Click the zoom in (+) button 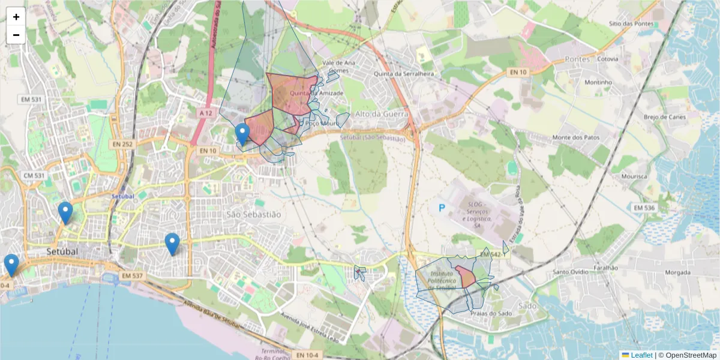pos(16,17)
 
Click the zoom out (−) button pos(16,35)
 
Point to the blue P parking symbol pos(442,208)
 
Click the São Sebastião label pos(253,214)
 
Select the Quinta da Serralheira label pos(403,74)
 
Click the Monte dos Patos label pos(576,137)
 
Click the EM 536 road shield pos(644,208)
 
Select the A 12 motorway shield pos(205,113)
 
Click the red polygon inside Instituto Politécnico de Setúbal pos(465,277)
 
